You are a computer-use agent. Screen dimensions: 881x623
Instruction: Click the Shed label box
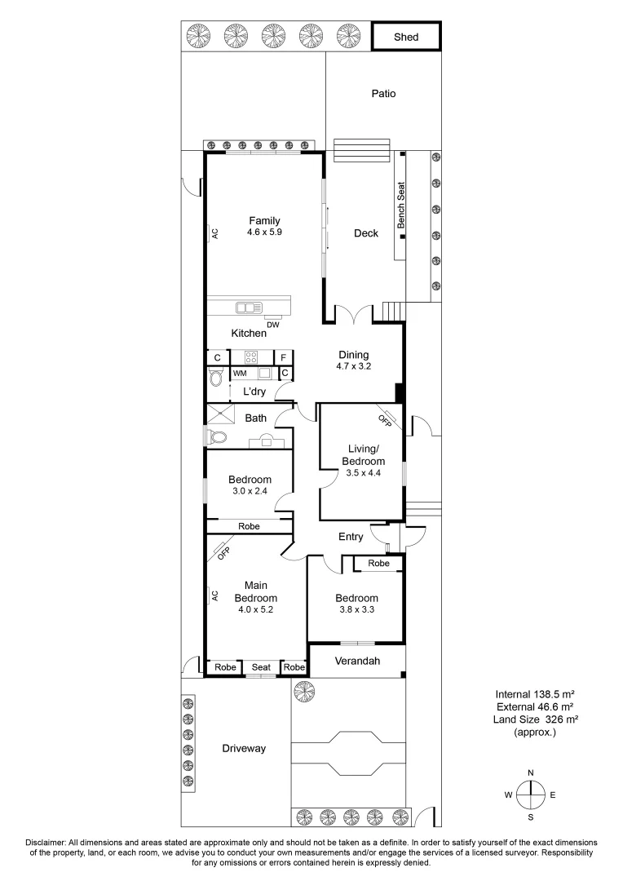(406, 37)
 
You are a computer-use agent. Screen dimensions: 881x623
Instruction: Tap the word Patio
(383, 94)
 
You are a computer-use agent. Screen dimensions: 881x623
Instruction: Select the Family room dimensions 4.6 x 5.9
(264, 232)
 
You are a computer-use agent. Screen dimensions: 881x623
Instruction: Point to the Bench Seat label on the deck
(401, 205)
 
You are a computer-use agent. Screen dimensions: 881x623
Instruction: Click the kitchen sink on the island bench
(247, 308)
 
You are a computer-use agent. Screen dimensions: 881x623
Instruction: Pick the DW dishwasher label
(273, 325)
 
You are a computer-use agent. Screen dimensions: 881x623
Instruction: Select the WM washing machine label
(240, 373)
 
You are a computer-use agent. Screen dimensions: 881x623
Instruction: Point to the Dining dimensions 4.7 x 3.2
(354, 367)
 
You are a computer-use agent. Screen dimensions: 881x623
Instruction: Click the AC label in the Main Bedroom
(215, 595)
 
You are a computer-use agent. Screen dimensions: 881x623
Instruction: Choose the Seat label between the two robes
(261, 667)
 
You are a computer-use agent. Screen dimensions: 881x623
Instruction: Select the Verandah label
(356, 661)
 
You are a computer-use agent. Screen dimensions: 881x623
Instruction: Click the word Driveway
(244, 748)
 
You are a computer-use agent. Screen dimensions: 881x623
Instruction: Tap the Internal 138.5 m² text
(534, 693)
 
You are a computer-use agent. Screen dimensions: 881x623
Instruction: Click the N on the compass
(531, 773)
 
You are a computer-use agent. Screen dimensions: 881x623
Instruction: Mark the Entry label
(351, 537)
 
